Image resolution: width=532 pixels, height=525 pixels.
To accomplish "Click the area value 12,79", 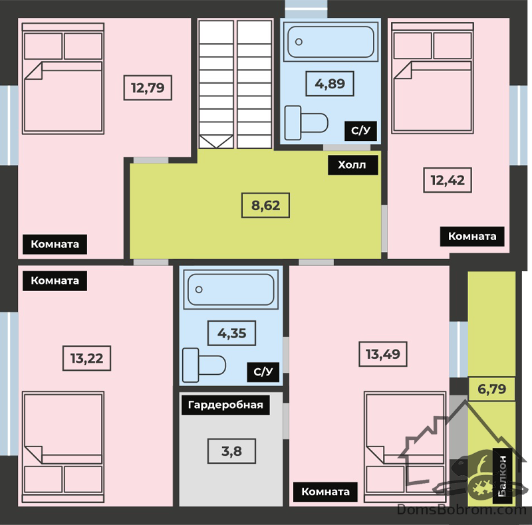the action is coord(148,88).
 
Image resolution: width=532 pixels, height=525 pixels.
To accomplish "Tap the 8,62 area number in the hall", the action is coord(265,205).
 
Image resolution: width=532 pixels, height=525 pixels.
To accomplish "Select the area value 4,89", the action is coord(330,84).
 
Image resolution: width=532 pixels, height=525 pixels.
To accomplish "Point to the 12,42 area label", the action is coord(448,180).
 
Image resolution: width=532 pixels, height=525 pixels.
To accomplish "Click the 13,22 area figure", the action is coord(87,358).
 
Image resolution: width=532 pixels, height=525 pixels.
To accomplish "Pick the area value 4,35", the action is coord(231,333).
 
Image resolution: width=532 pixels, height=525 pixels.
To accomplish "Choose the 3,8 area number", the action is coord(231,451).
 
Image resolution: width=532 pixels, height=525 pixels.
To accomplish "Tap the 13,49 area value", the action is coord(383,354).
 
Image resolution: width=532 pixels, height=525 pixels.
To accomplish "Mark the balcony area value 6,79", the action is coord(491,389).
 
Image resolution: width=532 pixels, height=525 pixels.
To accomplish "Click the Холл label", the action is coord(353,165).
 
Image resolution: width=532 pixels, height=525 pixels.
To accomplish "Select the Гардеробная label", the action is coord(225,405).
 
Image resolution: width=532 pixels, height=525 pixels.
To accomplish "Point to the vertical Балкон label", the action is coord(502,476).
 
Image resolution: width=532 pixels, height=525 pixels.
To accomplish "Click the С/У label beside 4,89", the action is coord(360,130).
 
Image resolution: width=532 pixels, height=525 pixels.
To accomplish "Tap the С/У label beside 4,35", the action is coord(263,372).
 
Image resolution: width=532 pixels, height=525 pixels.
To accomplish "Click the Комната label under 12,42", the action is coord(472,237).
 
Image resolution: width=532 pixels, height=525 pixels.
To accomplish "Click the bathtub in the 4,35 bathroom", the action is coord(231,289).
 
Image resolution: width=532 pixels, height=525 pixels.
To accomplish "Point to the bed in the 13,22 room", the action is coord(63,447).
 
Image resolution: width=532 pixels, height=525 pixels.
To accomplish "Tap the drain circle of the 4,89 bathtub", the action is coord(299,42).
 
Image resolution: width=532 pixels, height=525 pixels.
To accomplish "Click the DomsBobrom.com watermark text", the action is coord(462,510).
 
